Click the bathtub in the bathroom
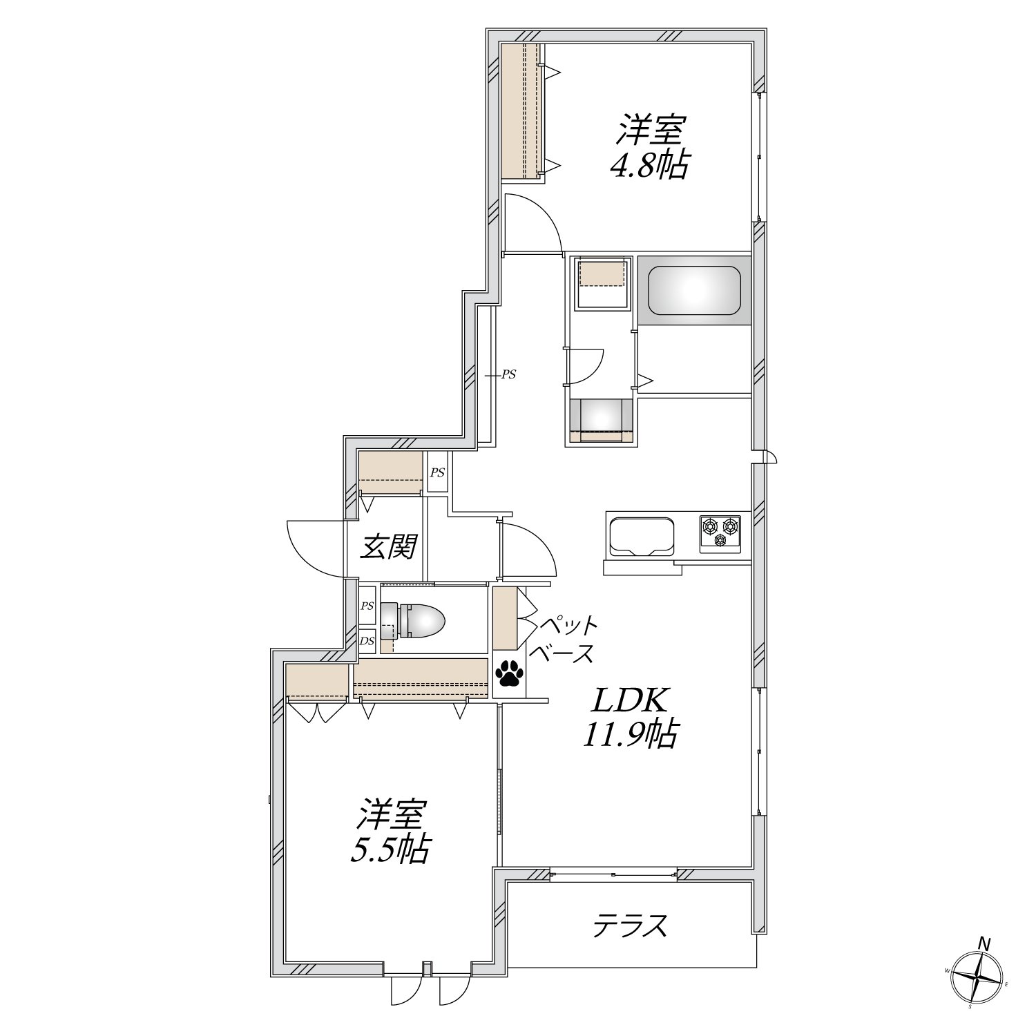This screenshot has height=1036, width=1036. tap(694, 290)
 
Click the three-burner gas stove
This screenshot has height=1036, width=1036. tap(720, 533)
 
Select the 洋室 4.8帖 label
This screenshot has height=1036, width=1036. tap(649, 148)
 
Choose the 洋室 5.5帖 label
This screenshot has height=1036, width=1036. tap(390, 832)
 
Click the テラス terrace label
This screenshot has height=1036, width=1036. tap(631, 925)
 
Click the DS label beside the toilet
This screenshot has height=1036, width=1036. tap(367, 640)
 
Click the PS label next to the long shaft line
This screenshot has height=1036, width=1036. tap(509, 375)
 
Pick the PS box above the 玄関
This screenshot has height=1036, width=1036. tap(437, 472)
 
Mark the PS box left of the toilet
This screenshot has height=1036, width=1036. tap(367, 606)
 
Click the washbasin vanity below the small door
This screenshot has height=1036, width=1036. tap(599, 420)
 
